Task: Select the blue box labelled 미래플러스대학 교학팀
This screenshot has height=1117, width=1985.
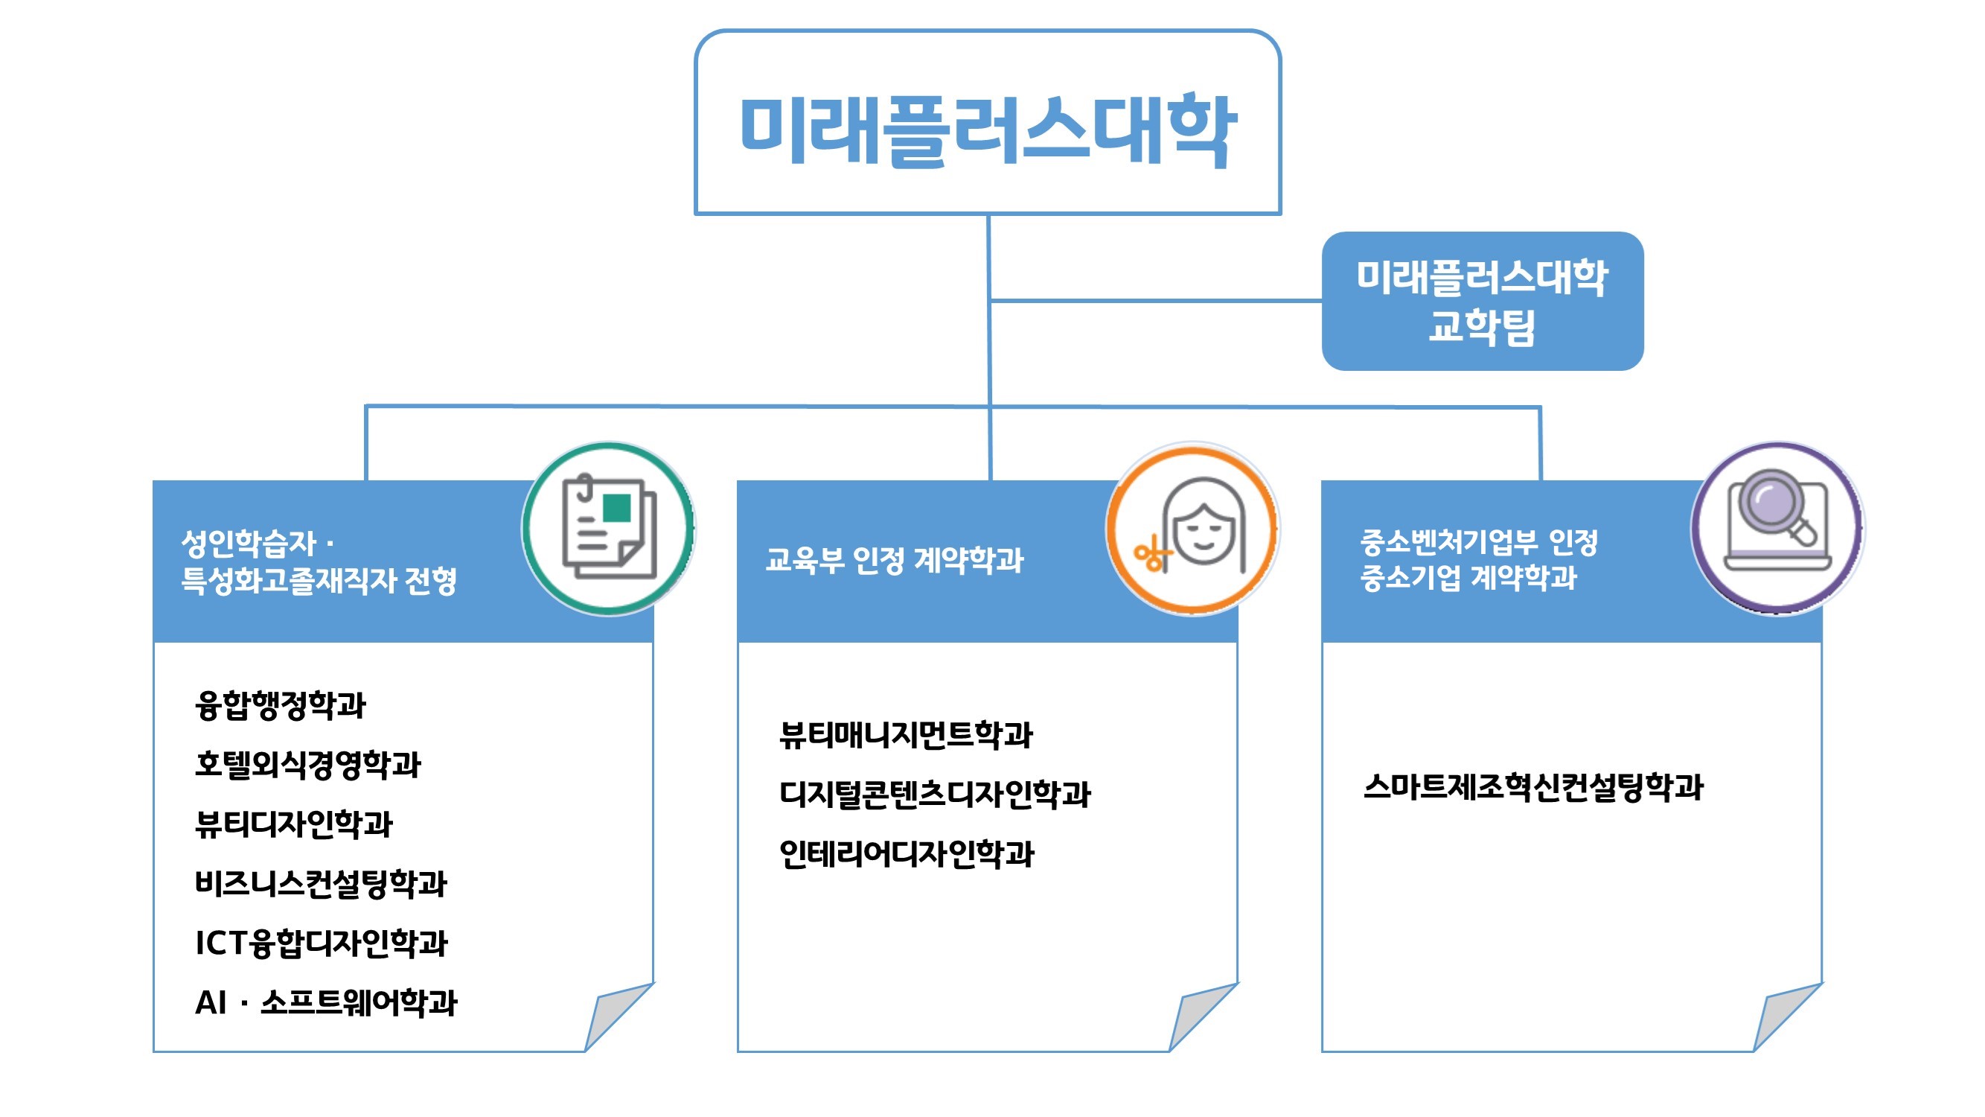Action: (1482, 302)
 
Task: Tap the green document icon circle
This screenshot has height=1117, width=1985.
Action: (609, 529)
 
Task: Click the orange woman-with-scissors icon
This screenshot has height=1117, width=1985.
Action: (1193, 529)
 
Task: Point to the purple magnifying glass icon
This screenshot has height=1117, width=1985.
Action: (1777, 529)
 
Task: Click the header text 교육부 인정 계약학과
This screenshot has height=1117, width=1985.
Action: (894, 561)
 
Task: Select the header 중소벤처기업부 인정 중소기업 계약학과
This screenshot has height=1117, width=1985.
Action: (1478, 560)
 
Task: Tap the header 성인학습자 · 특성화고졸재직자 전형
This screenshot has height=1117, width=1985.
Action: (319, 562)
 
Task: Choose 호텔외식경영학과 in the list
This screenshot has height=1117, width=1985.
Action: (307, 765)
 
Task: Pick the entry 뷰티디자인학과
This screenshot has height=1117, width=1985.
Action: (293, 824)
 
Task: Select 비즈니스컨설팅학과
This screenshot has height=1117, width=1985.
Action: (321, 883)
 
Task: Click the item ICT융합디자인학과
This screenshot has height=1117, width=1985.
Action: (322, 943)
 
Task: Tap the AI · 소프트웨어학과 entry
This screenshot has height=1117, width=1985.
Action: (326, 1003)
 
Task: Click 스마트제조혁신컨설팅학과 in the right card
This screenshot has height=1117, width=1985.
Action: (1533, 787)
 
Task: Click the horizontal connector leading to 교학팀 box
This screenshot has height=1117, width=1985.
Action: (1156, 301)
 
